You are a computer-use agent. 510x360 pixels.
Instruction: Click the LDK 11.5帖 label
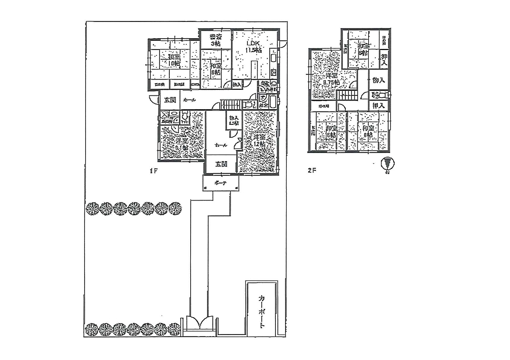[253, 46]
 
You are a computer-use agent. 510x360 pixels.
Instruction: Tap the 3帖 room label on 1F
[215, 40]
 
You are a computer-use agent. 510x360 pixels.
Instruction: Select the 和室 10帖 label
[174, 61]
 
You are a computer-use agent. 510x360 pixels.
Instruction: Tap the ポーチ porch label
[220, 183]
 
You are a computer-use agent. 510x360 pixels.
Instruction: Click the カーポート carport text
[262, 312]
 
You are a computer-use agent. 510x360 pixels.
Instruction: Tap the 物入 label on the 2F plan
[377, 81]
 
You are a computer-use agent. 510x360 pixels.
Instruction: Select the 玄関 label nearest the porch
[221, 164]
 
